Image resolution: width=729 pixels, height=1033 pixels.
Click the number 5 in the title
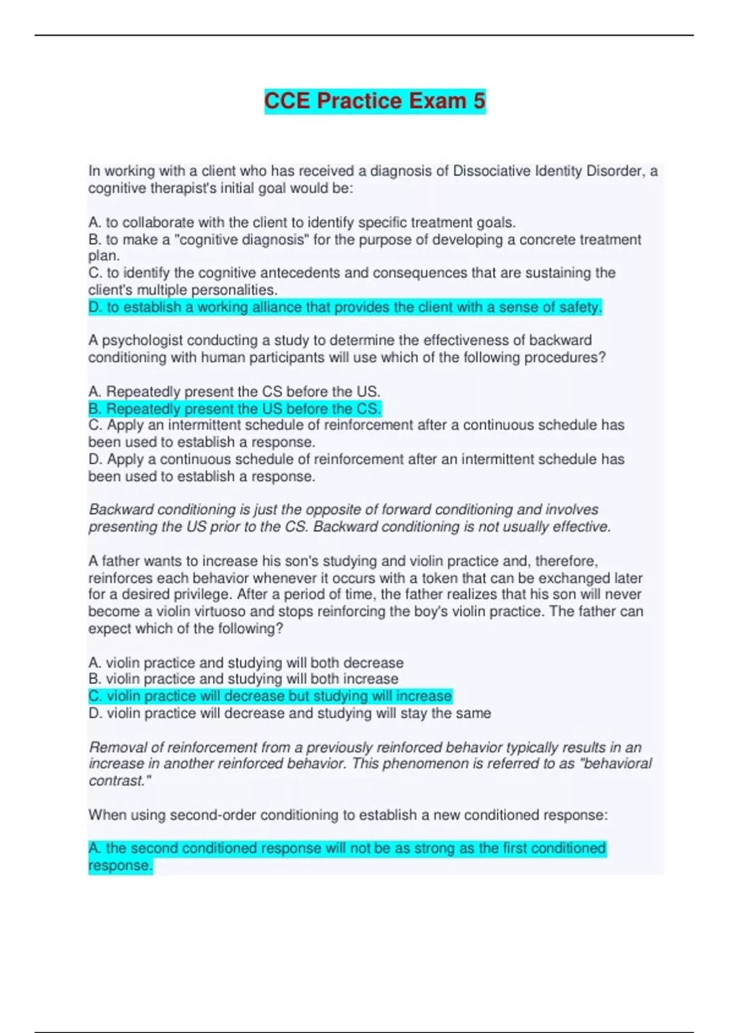[x=478, y=100]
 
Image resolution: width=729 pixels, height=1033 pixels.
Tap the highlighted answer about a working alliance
[x=344, y=307]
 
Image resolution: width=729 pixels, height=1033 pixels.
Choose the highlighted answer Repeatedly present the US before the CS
[x=234, y=408]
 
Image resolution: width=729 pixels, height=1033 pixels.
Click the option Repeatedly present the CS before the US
[x=234, y=391]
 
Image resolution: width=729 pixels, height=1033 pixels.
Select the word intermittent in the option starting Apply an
[x=208, y=425]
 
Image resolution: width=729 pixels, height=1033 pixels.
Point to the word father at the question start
[x=122, y=561]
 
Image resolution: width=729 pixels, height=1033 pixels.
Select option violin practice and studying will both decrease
[x=246, y=662]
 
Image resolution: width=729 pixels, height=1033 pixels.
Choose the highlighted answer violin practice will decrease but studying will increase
[x=270, y=696]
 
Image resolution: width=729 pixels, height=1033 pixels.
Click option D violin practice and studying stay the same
[x=290, y=713]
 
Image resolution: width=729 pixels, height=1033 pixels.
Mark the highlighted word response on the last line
[x=119, y=865]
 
